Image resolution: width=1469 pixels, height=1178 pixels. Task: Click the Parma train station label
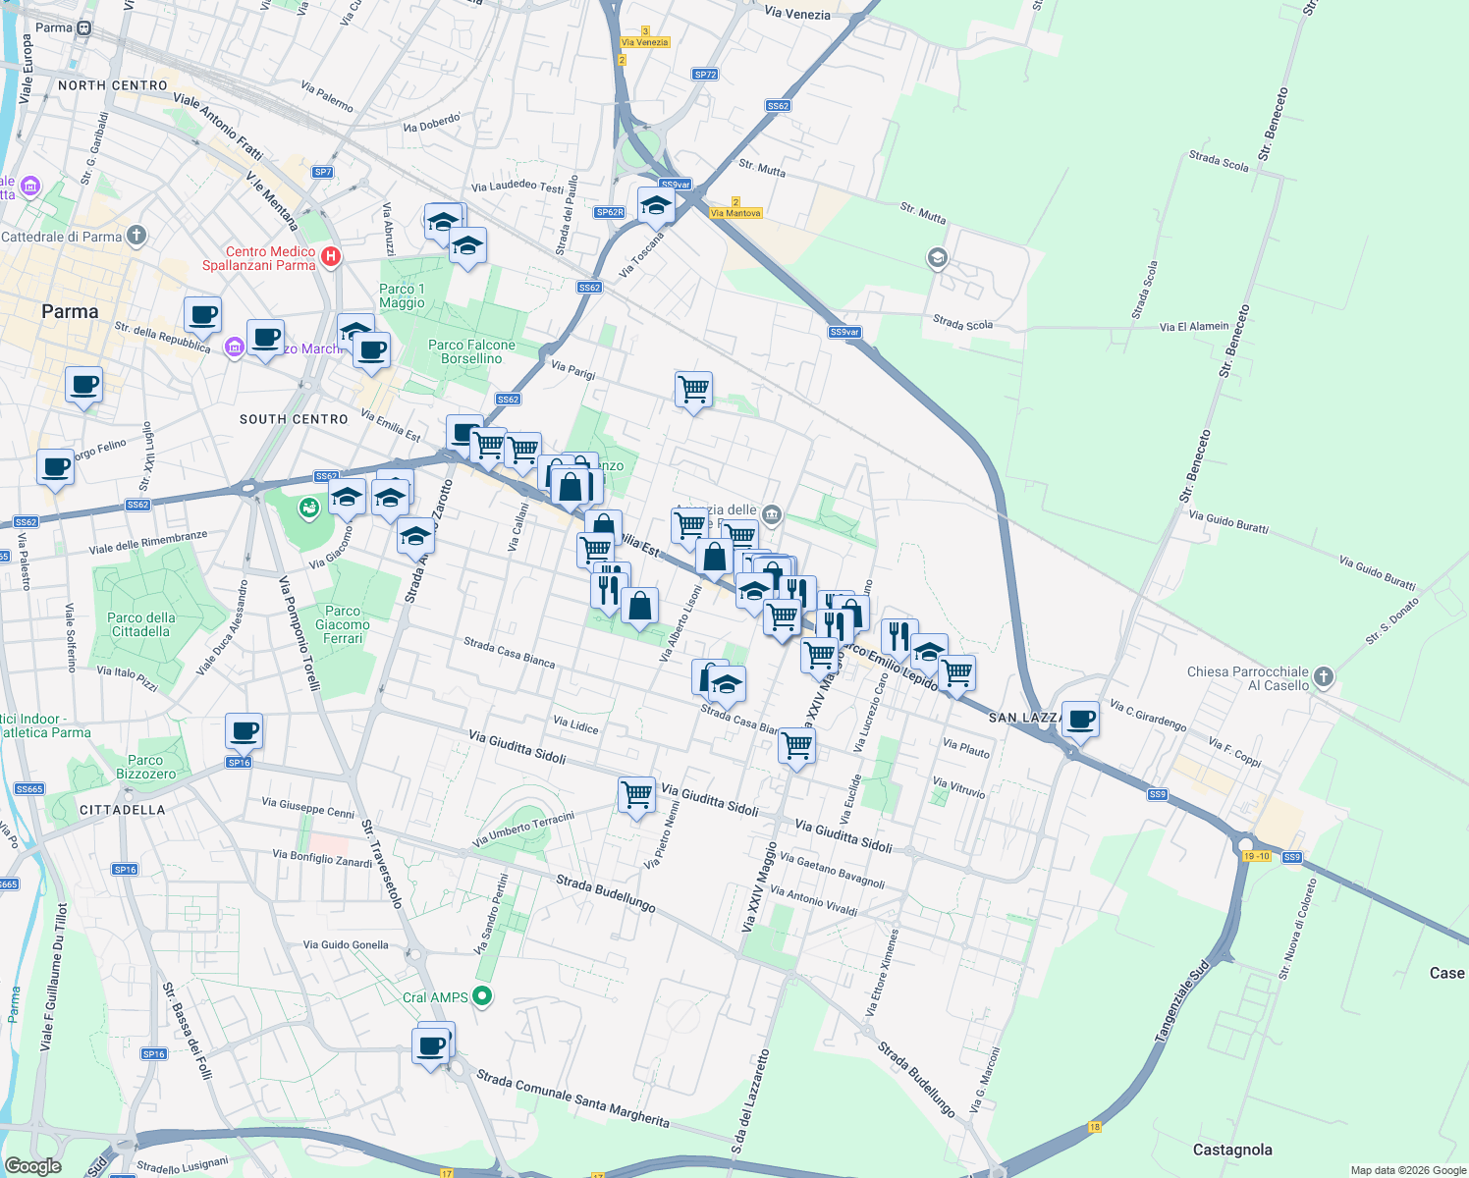(54, 27)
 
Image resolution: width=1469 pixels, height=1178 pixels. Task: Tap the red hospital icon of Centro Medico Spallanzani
(331, 257)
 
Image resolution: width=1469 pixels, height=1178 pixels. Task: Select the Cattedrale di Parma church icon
(136, 236)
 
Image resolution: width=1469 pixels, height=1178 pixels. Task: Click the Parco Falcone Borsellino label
(471, 351)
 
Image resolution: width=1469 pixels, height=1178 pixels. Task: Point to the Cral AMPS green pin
(481, 996)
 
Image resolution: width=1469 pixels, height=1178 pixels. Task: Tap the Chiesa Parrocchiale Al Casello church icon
(1324, 677)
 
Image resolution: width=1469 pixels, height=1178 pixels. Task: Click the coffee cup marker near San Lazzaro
(1080, 720)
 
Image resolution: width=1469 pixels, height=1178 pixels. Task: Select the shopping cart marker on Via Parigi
(693, 390)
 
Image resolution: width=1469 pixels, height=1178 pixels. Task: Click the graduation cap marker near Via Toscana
(655, 206)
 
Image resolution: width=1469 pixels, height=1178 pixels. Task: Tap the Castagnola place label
(1231, 1150)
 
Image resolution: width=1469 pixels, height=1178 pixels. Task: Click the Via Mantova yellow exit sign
(735, 213)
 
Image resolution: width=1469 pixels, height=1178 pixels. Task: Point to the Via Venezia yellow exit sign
(645, 42)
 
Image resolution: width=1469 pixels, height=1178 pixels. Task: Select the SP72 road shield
(705, 75)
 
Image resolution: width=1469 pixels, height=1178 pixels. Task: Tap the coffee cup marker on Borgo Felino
(56, 466)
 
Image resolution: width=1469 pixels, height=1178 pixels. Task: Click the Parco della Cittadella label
(140, 624)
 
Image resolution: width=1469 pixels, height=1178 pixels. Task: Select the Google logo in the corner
(32, 1165)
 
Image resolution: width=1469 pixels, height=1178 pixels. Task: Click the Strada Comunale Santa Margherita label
(572, 1098)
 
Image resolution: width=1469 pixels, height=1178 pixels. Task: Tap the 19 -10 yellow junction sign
(1257, 856)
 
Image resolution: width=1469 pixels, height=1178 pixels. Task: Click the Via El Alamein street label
(1193, 326)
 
